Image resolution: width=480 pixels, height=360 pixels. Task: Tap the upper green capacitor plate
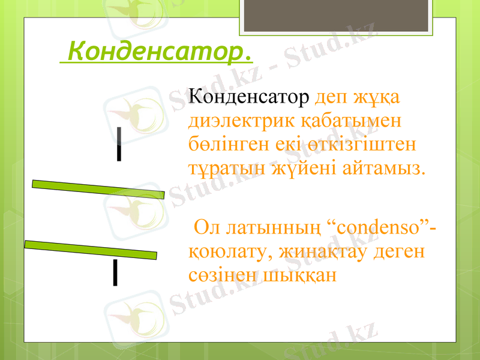pos(98,189)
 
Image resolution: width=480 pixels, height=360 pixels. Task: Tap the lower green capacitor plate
pos(91,250)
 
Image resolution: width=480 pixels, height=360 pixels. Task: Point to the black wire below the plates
pos(115,273)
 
